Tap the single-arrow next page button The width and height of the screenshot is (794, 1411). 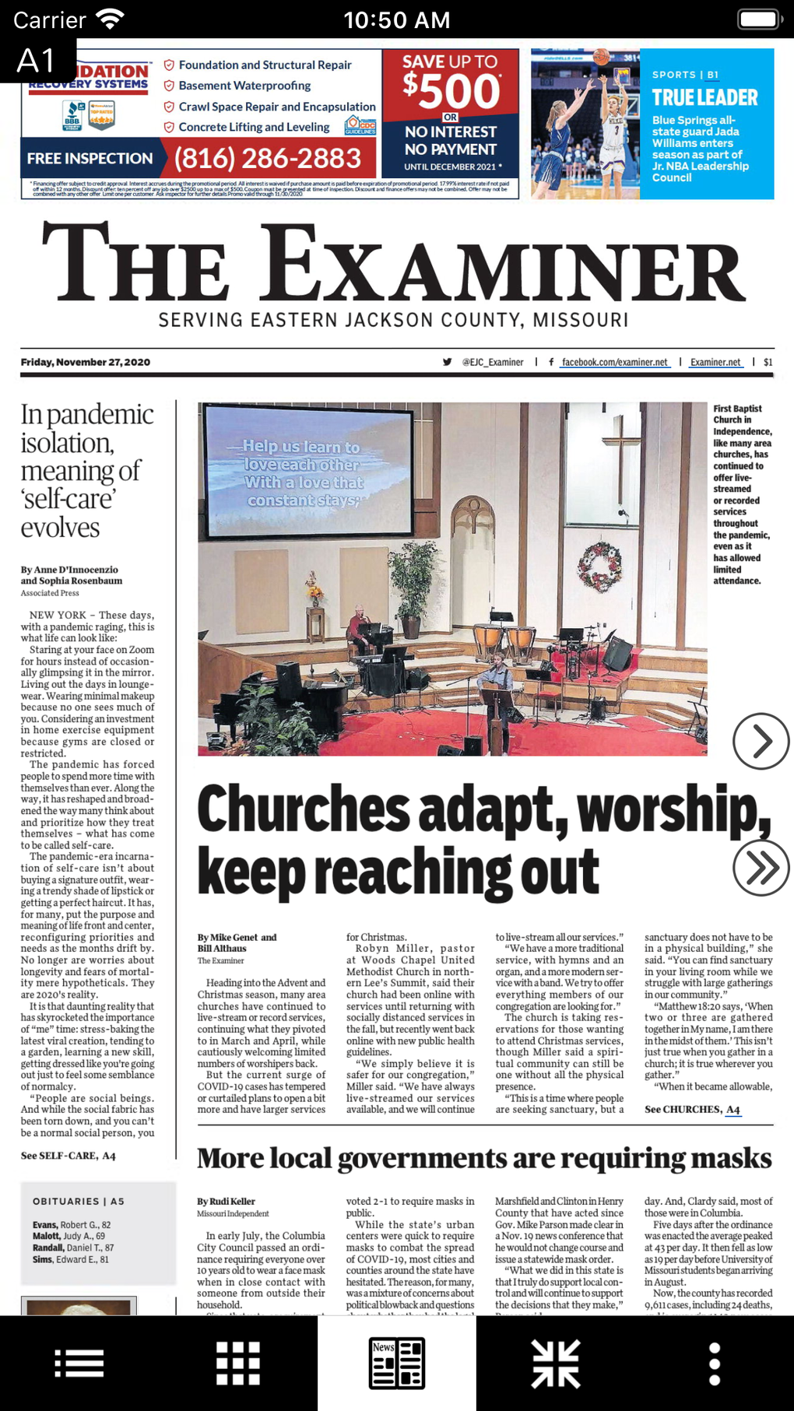pyautogui.click(x=761, y=741)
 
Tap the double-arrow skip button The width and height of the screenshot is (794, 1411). pyautogui.click(x=761, y=868)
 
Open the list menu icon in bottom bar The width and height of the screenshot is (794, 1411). pyautogui.click(x=79, y=1363)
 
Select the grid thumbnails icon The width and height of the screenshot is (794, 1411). pyautogui.click(x=238, y=1363)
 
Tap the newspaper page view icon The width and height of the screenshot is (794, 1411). pyautogui.click(x=397, y=1363)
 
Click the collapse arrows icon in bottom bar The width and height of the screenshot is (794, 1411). pyautogui.click(x=556, y=1363)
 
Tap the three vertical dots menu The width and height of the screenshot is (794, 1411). pyautogui.click(x=714, y=1363)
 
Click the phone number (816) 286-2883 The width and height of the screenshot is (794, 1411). pyautogui.click(x=268, y=159)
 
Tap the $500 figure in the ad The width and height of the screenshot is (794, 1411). pyautogui.click(x=451, y=91)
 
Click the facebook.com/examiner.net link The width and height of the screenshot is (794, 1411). pyautogui.click(x=614, y=362)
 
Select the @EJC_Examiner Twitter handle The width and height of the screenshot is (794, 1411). pyautogui.click(x=492, y=362)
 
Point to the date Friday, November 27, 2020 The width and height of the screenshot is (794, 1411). pyautogui.click(x=86, y=362)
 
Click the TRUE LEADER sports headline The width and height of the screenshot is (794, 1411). pyautogui.click(x=704, y=97)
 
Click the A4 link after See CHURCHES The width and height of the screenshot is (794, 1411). pyautogui.click(x=733, y=1109)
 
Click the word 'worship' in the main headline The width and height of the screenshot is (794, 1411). pyautogui.click(x=670, y=809)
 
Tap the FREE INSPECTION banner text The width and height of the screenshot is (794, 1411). pyautogui.click(x=90, y=159)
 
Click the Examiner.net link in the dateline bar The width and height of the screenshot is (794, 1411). pyautogui.click(x=715, y=362)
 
